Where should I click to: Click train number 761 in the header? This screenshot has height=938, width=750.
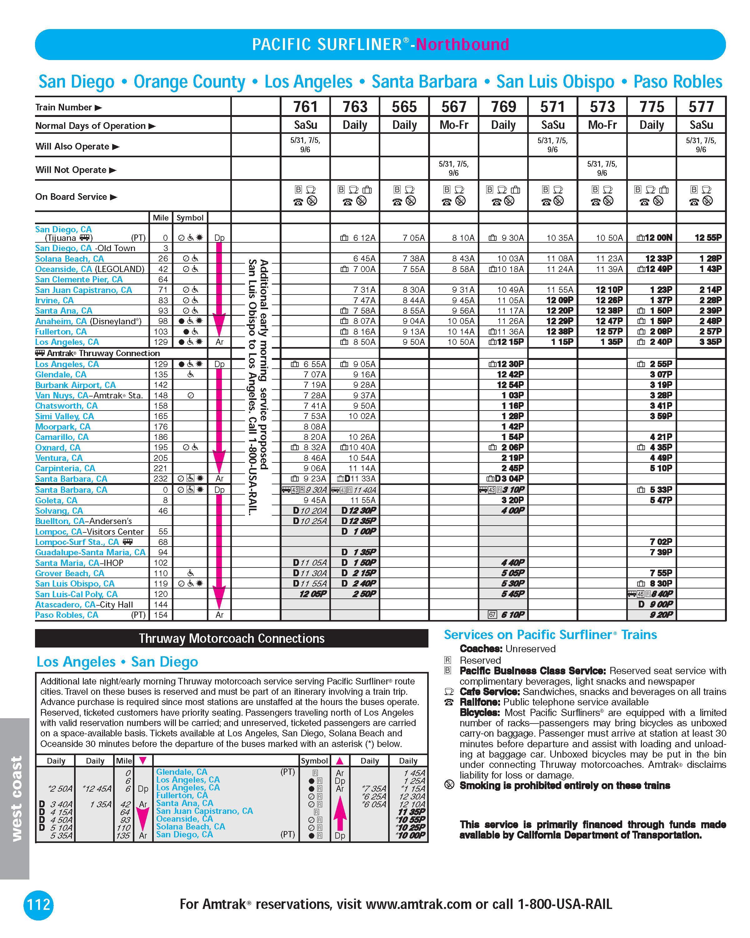coord(305,107)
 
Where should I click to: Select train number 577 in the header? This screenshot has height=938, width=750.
coord(701,107)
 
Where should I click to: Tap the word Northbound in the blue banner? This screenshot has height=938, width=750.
coord(462,44)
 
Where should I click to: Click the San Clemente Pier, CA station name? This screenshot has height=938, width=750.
coord(79,279)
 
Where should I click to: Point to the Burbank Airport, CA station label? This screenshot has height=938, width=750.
coord(75,385)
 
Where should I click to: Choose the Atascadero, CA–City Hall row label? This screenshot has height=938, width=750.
coord(84,604)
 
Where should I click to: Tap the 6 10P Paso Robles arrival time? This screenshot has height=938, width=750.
coord(512,615)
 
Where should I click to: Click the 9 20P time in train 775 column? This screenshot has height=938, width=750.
coord(661,615)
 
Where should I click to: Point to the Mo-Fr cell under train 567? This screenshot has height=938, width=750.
coord(453,125)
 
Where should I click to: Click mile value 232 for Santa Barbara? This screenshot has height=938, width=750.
coord(160,479)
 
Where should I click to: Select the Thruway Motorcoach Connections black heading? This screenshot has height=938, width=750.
coord(231,638)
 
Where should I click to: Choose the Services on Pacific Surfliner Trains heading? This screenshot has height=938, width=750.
coord(550,635)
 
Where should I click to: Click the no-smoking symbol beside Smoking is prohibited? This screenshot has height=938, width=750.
coord(449,785)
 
